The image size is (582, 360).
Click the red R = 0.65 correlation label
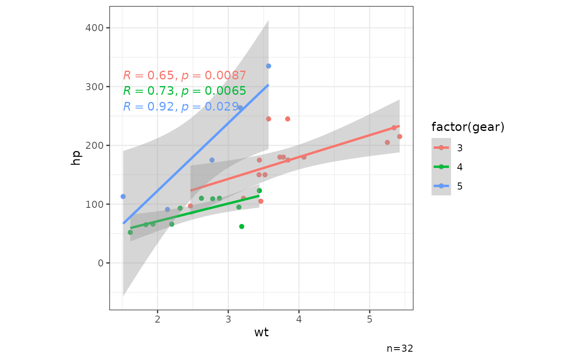click(x=185, y=76)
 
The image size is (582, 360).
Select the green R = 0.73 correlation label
click(x=185, y=91)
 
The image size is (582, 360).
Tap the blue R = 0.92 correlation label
click(x=181, y=107)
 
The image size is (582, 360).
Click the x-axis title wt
click(x=261, y=333)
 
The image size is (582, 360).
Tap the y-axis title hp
click(x=76, y=157)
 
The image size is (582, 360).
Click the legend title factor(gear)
click(x=468, y=127)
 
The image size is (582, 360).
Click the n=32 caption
click(x=400, y=348)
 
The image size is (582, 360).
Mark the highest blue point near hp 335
click(x=269, y=66)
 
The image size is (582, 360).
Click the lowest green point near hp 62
click(x=242, y=227)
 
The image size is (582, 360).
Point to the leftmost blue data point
click(x=123, y=197)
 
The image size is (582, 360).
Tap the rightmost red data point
click(x=400, y=137)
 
